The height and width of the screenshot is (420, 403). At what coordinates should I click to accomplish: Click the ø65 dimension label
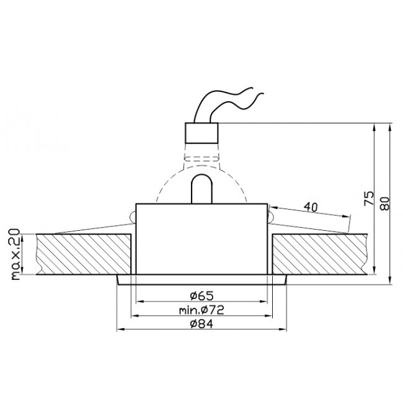click(x=201, y=296)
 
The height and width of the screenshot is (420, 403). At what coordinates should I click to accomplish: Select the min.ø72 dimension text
click(x=201, y=310)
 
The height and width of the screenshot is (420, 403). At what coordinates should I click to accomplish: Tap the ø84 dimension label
click(x=201, y=324)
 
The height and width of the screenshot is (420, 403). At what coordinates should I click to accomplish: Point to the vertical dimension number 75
click(x=369, y=199)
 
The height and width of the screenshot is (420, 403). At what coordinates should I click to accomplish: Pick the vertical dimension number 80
click(x=384, y=203)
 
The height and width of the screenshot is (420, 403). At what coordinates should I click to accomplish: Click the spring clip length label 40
click(x=311, y=207)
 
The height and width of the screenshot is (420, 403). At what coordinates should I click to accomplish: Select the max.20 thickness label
click(x=15, y=254)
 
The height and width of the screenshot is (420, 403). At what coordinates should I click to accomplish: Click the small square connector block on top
click(x=201, y=133)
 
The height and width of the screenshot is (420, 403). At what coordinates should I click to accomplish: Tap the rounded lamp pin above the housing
click(x=201, y=189)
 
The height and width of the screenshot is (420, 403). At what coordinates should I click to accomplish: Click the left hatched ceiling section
click(x=84, y=254)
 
